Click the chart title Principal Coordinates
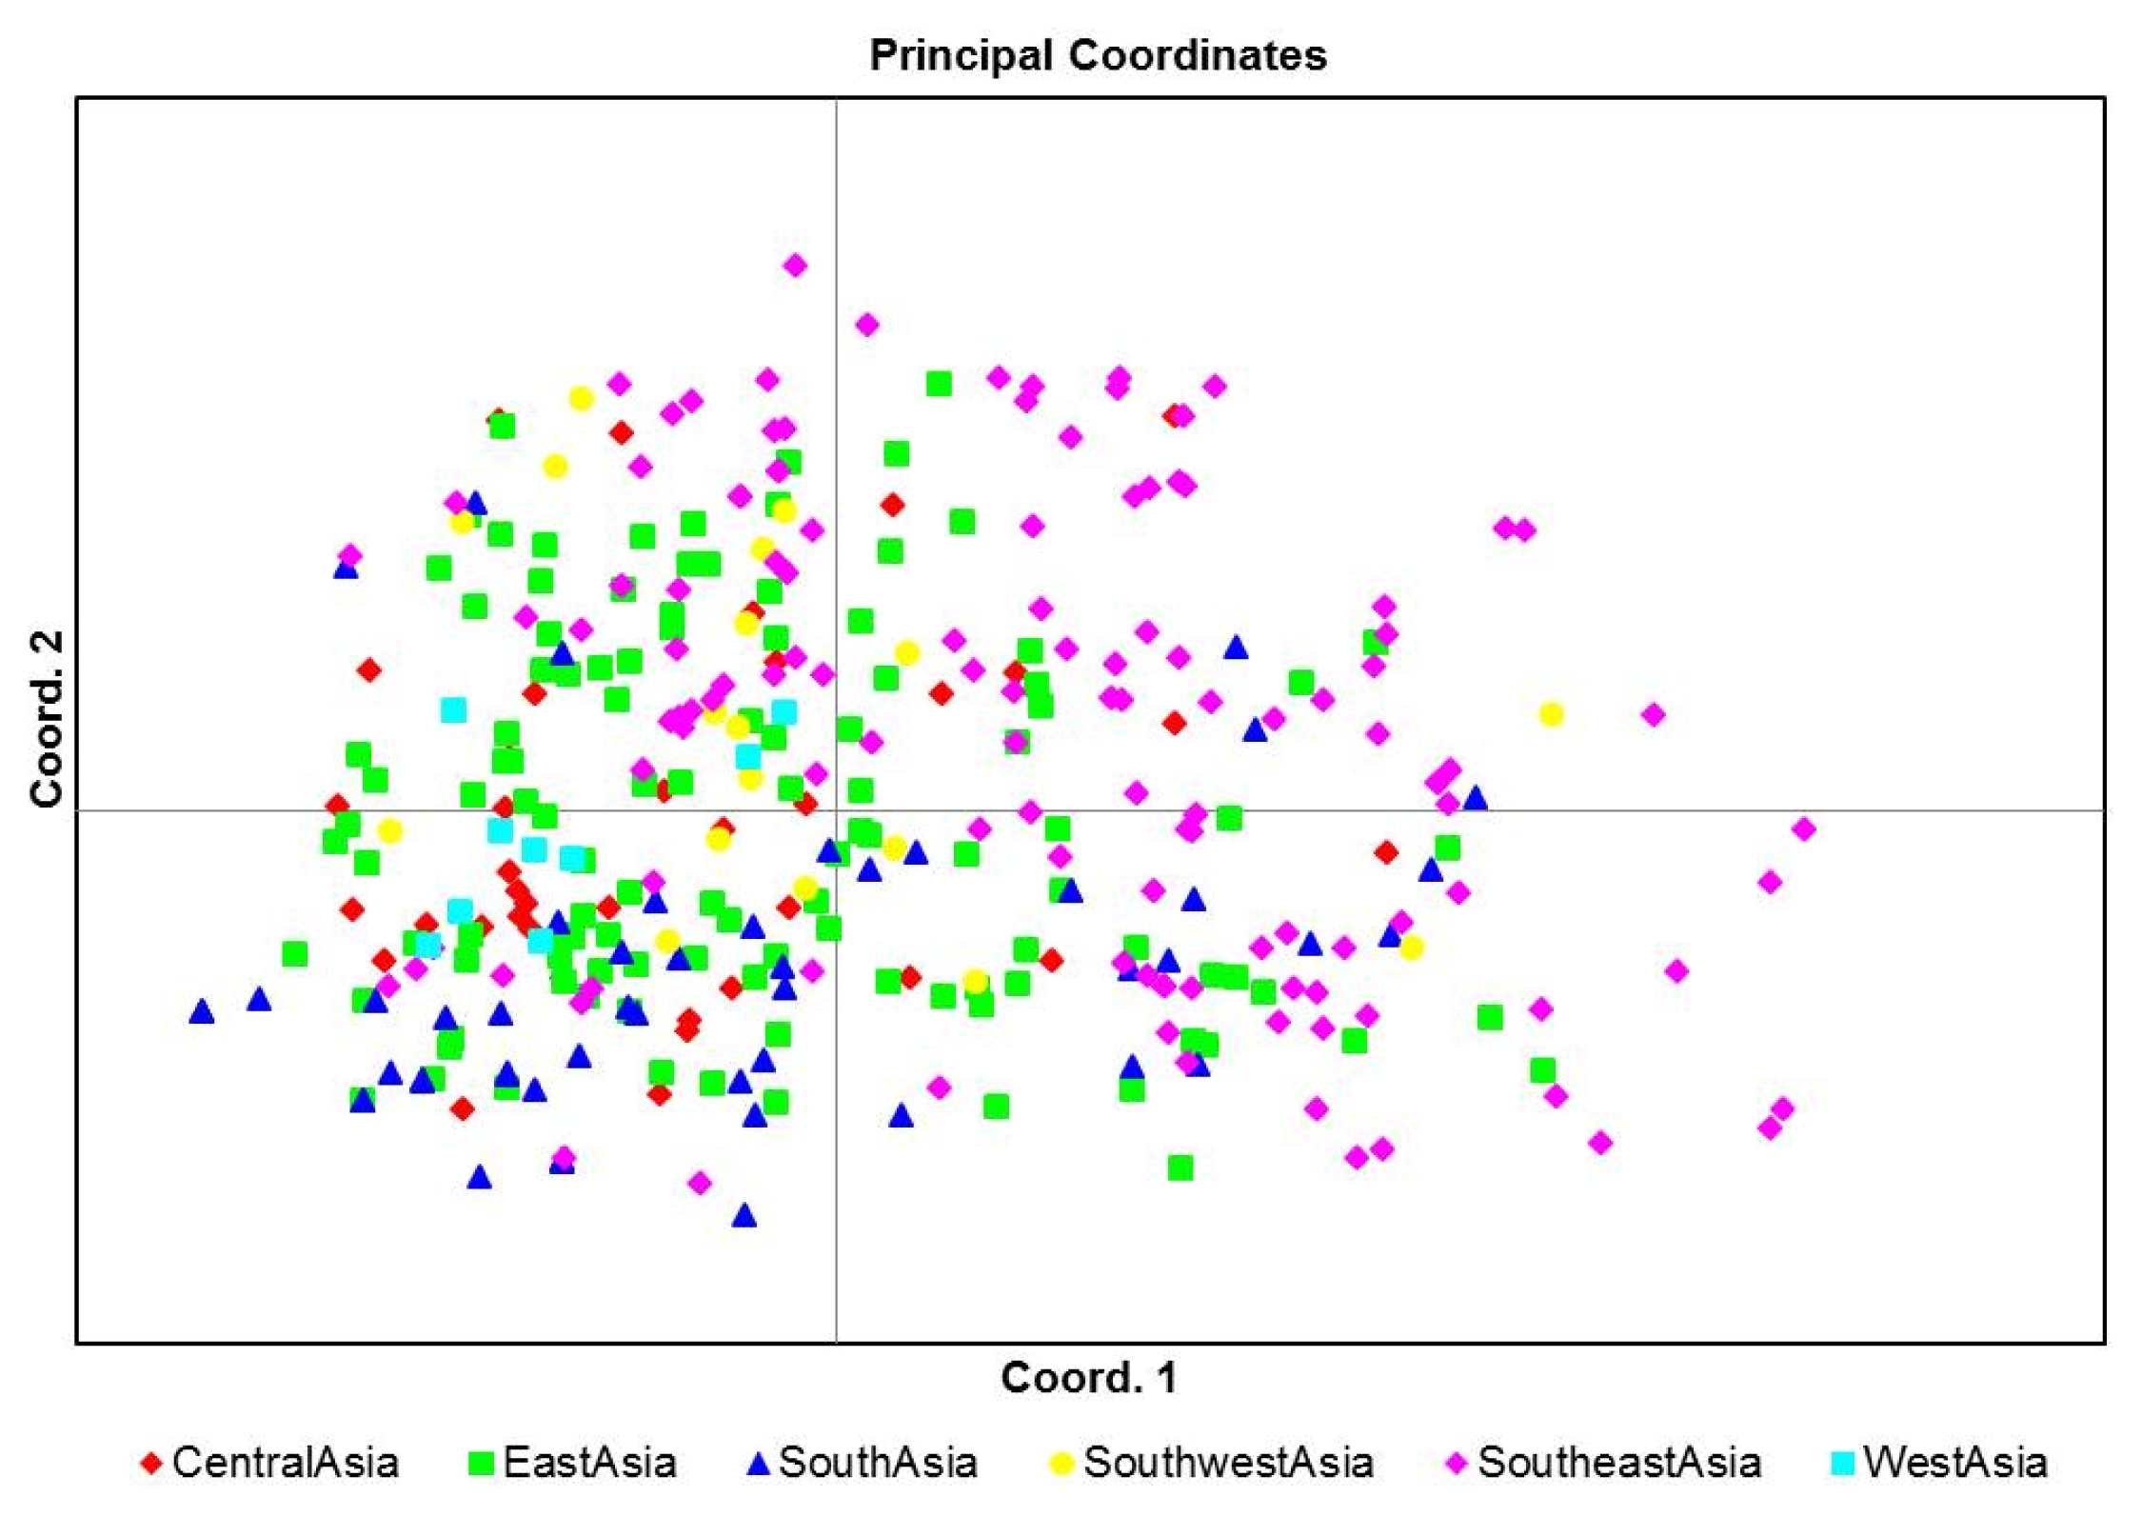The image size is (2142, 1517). (1098, 55)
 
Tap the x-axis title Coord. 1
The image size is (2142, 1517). (1088, 1378)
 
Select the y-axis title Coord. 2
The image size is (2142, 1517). (46, 718)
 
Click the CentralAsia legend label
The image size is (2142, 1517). (285, 1463)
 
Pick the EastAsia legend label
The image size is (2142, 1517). (589, 1463)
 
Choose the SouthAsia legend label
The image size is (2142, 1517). (878, 1463)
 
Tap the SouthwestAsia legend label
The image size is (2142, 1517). (1228, 1463)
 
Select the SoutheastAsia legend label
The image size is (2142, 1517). (1618, 1463)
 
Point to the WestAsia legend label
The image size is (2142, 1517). (1955, 1463)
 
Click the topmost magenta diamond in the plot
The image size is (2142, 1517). (795, 266)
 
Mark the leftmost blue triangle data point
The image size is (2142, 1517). (201, 1011)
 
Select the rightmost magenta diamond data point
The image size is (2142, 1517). (1803, 829)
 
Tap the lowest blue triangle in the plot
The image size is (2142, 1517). (744, 1215)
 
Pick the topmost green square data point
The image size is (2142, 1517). (939, 384)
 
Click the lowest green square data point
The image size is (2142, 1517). (1180, 1168)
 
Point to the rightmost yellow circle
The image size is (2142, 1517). (1551, 714)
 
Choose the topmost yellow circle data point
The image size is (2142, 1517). (581, 399)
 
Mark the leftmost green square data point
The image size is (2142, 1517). (295, 953)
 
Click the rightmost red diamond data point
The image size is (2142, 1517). (1386, 852)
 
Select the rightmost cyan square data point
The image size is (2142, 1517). (783, 712)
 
